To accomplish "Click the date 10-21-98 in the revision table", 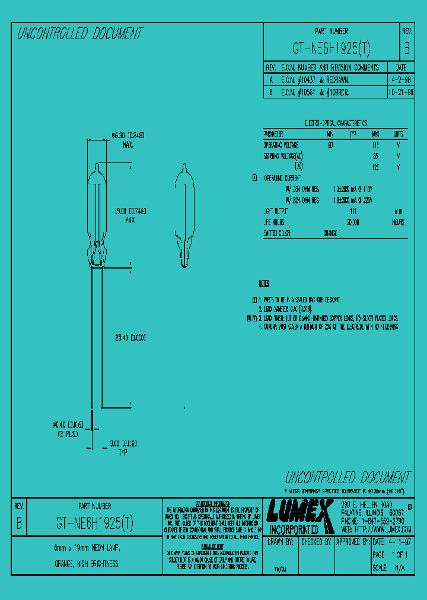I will coord(401,92).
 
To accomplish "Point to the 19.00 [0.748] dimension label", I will coord(131,210).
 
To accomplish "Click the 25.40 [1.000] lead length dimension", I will coord(130,338).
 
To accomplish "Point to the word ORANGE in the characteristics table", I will coord(330,233).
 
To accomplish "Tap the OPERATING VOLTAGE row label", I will coord(281,145).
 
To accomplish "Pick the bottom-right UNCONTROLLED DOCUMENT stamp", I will coord(347,477).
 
